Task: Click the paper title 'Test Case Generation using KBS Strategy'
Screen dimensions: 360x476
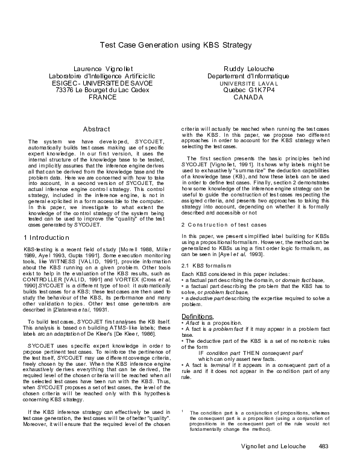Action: coord(175,45)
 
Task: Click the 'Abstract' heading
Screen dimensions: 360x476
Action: coord(96,130)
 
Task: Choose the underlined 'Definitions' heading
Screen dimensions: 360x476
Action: coord(197,333)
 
